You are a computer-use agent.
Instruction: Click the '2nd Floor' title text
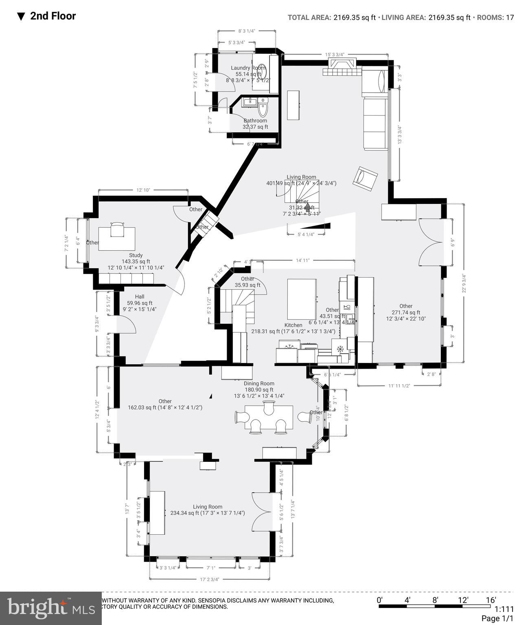click(x=53, y=16)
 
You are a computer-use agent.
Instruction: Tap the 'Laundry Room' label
click(x=248, y=68)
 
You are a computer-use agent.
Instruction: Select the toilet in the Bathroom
click(x=263, y=109)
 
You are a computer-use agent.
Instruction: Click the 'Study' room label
click(x=136, y=255)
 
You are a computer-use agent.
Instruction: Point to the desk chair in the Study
click(x=117, y=229)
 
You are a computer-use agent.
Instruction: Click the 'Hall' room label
click(x=139, y=297)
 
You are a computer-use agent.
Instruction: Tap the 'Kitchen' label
click(x=293, y=325)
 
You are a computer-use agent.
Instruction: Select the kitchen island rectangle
click(x=302, y=299)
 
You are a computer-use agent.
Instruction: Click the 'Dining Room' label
click(x=259, y=383)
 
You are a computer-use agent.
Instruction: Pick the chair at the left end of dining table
click(x=241, y=417)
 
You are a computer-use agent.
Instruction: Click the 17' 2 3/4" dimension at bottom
click(x=210, y=579)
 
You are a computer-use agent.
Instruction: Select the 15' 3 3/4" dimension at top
click(x=335, y=55)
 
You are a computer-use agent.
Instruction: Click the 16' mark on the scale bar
click(x=491, y=600)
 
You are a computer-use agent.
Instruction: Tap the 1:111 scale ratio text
click(x=504, y=609)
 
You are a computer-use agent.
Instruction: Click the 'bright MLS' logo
click(x=50, y=608)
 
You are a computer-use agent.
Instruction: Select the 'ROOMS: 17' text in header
click(x=495, y=17)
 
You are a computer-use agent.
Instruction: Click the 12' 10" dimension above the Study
click(x=143, y=190)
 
